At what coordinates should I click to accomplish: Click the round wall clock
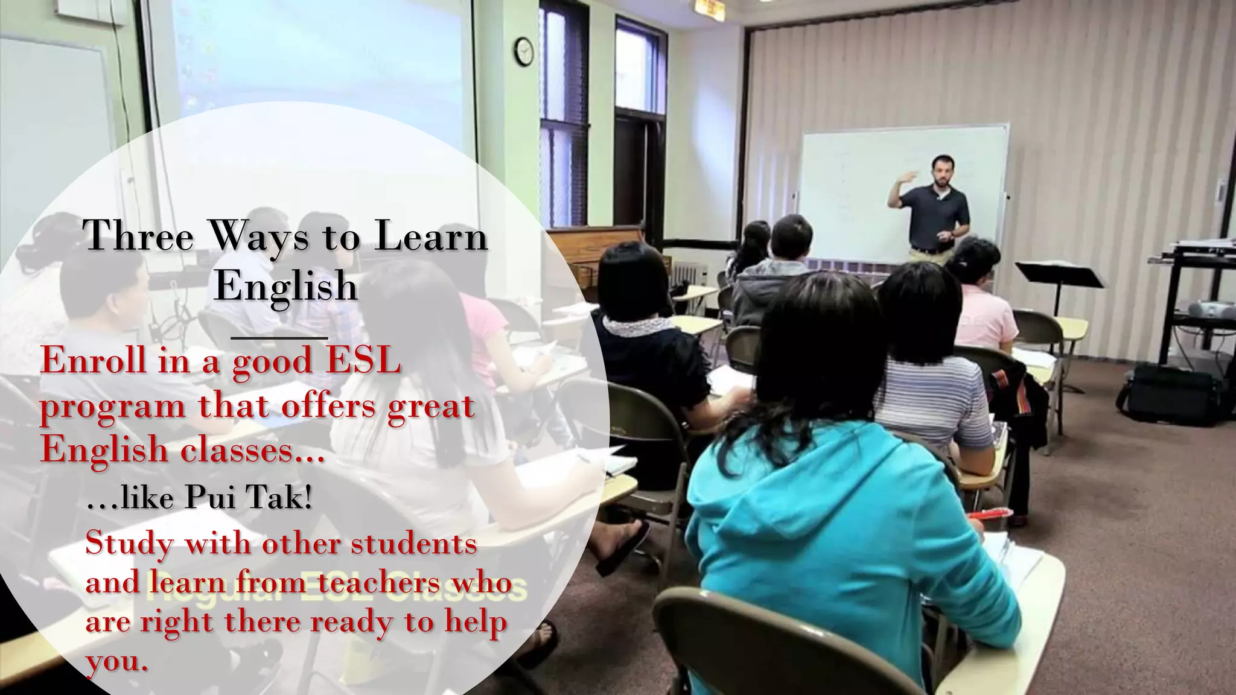(x=524, y=51)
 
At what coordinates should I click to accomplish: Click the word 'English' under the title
(x=286, y=285)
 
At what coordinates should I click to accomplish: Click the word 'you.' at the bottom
(x=116, y=662)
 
